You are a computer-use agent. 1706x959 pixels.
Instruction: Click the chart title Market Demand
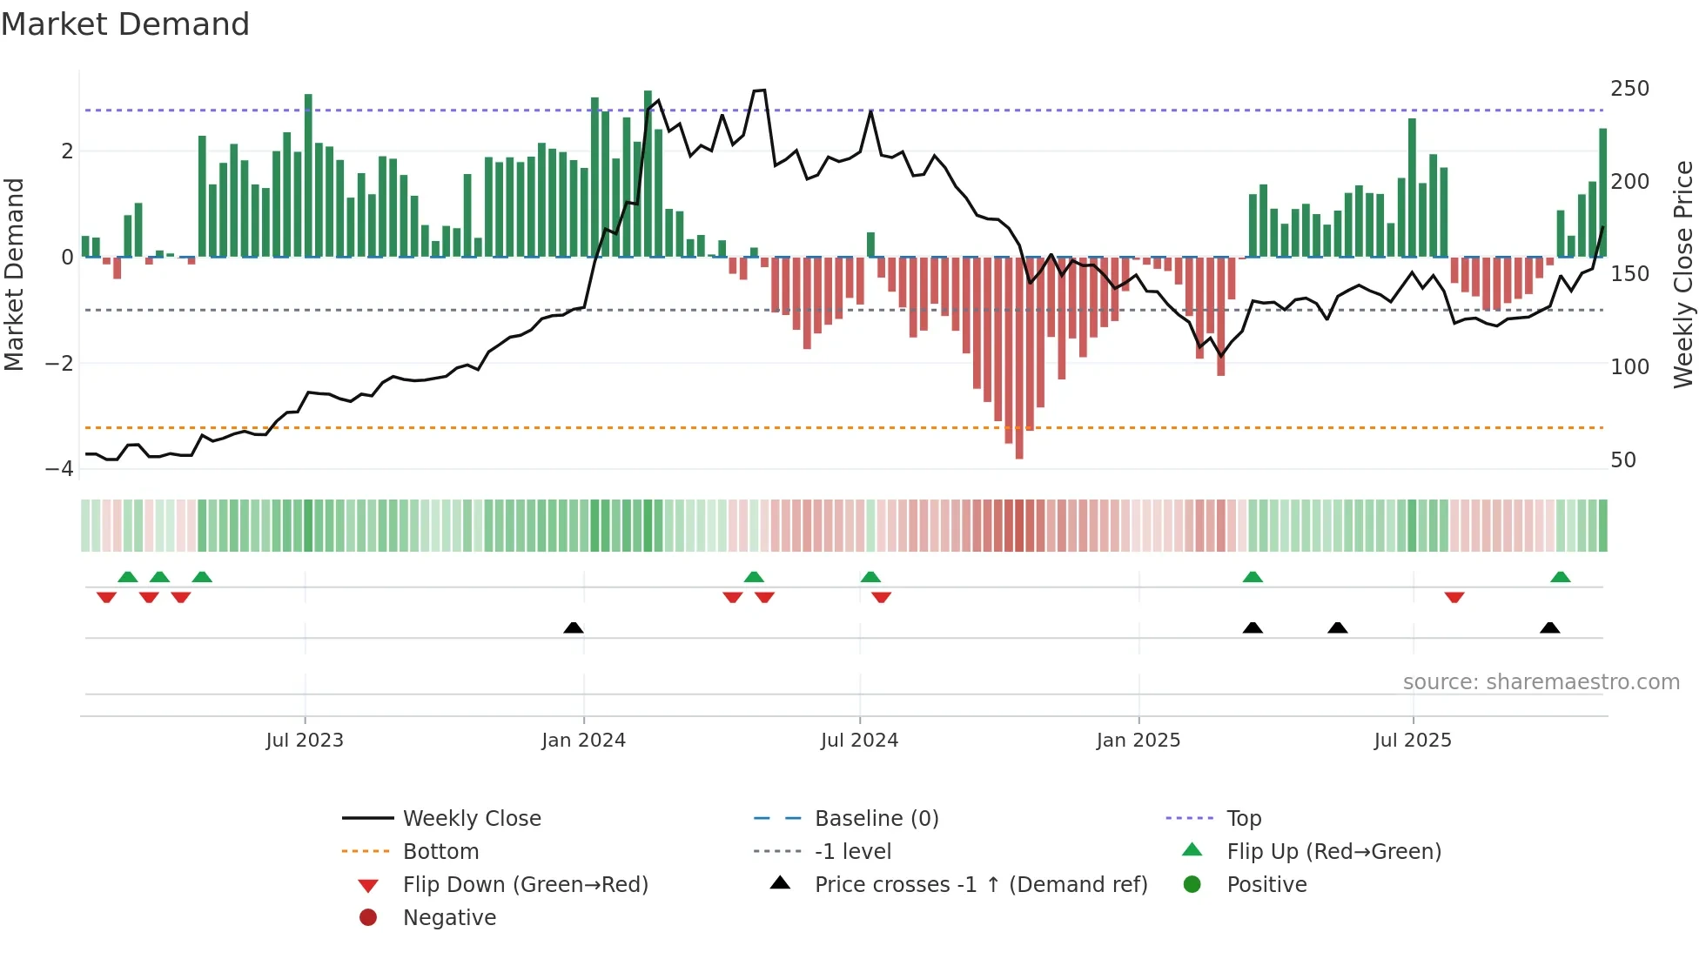[x=125, y=24]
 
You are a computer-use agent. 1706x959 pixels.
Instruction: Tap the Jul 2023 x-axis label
[x=305, y=741]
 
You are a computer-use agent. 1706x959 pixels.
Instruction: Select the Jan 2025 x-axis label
[x=1138, y=741]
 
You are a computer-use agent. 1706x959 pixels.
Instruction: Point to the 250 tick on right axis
[x=1629, y=89]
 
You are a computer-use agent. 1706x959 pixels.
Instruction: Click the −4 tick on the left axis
[x=60, y=469]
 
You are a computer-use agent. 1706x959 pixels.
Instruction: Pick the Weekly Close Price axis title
[x=1683, y=274]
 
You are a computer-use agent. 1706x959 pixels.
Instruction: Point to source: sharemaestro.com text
[x=1541, y=682]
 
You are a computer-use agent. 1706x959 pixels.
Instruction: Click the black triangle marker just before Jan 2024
[x=574, y=627]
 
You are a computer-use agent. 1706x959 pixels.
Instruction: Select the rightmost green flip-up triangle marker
[x=1560, y=577]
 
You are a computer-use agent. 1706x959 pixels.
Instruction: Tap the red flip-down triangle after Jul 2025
[x=1454, y=597]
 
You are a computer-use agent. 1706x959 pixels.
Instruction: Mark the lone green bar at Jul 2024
[x=870, y=245]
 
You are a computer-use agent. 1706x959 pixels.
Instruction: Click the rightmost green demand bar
[x=1602, y=191]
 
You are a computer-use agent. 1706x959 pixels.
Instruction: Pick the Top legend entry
[x=1243, y=819]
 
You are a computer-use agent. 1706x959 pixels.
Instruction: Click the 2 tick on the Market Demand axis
[x=67, y=151]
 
